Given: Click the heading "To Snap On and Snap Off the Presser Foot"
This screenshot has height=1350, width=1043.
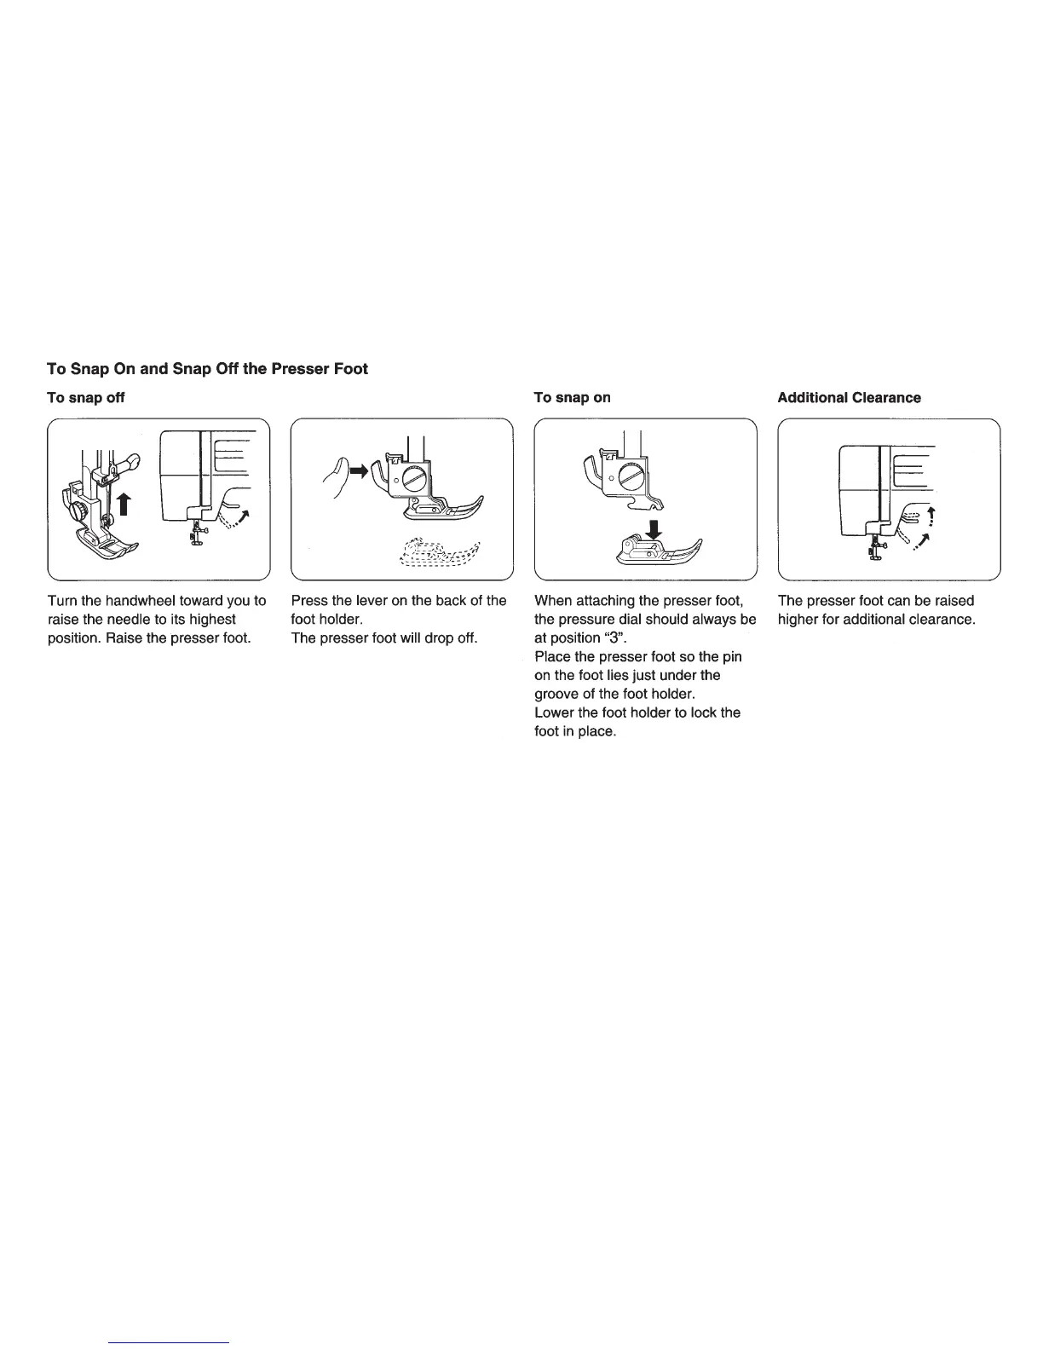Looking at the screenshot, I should click(207, 369).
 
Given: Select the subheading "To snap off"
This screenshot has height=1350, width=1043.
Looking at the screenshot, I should click(86, 398).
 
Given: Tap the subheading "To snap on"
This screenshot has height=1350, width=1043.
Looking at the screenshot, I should click(572, 398).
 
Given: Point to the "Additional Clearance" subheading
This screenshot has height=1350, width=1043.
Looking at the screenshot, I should click(849, 398).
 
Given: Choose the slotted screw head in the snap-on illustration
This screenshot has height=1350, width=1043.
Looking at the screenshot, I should click(632, 477).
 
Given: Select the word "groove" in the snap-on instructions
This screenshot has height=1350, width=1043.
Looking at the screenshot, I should click(556, 695).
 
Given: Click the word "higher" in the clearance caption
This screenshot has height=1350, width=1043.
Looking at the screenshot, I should click(798, 620).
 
